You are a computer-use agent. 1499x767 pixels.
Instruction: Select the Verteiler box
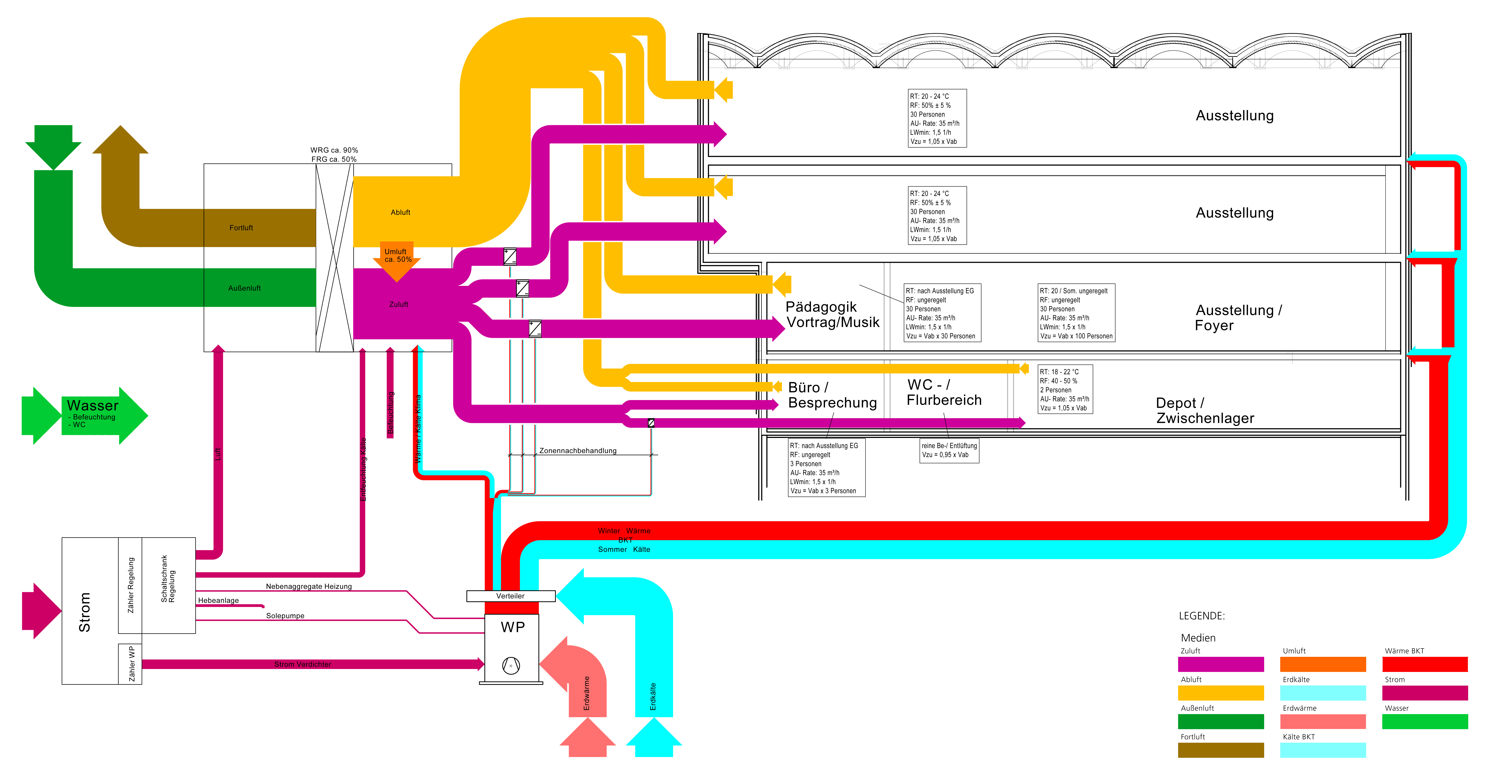pyautogui.click(x=510, y=596)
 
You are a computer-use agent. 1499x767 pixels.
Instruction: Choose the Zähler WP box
pyautogui.click(x=130, y=663)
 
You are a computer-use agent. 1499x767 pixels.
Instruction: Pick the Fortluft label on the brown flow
pyautogui.click(x=241, y=227)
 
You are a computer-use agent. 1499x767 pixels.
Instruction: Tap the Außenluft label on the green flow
pyautogui.click(x=244, y=288)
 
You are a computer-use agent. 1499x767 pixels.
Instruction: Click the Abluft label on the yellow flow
pyautogui.click(x=400, y=212)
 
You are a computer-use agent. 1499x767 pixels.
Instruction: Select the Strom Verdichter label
pyautogui.click(x=303, y=664)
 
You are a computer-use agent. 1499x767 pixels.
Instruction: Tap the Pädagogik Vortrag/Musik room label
pyautogui.click(x=832, y=314)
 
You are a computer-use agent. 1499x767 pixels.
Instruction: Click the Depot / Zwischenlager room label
pyautogui.click(x=1204, y=410)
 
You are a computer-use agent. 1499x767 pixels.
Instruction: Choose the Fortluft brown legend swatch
pyautogui.click(x=1220, y=750)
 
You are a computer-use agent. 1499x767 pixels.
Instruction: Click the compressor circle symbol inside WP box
pyautogui.click(x=511, y=665)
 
